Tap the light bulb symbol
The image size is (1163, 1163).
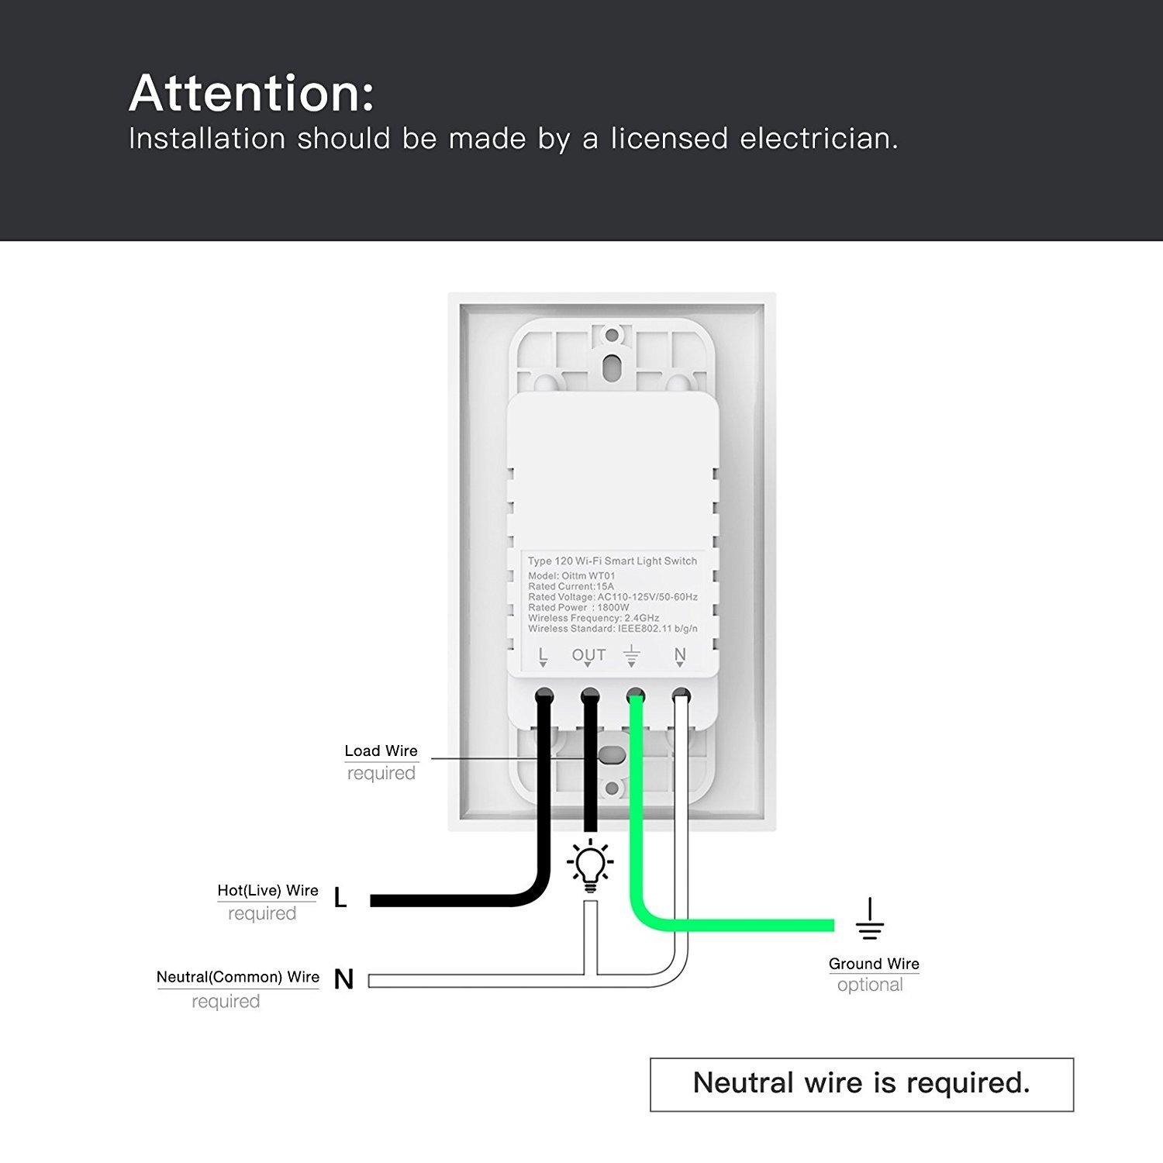click(590, 865)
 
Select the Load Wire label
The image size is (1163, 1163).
click(381, 751)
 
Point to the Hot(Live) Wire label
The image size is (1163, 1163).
click(267, 891)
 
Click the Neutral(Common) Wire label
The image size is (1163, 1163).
click(237, 977)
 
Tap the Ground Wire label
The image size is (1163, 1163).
click(874, 964)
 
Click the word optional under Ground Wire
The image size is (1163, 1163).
click(870, 985)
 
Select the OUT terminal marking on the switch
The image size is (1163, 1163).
click(588, 656)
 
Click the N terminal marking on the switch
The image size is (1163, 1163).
click(680, 656)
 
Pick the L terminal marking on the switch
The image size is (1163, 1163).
click(543, 656)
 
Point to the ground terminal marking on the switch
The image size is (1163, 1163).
click(633, 656)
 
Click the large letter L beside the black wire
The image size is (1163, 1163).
click(340, 899)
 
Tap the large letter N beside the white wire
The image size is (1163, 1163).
click(343, 980)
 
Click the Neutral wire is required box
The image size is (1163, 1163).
click(861, 1084)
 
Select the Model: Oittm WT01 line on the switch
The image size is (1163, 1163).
click(571, 576)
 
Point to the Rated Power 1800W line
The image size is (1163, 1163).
click(578, 608)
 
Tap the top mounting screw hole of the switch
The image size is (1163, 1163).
click(612, 336)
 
